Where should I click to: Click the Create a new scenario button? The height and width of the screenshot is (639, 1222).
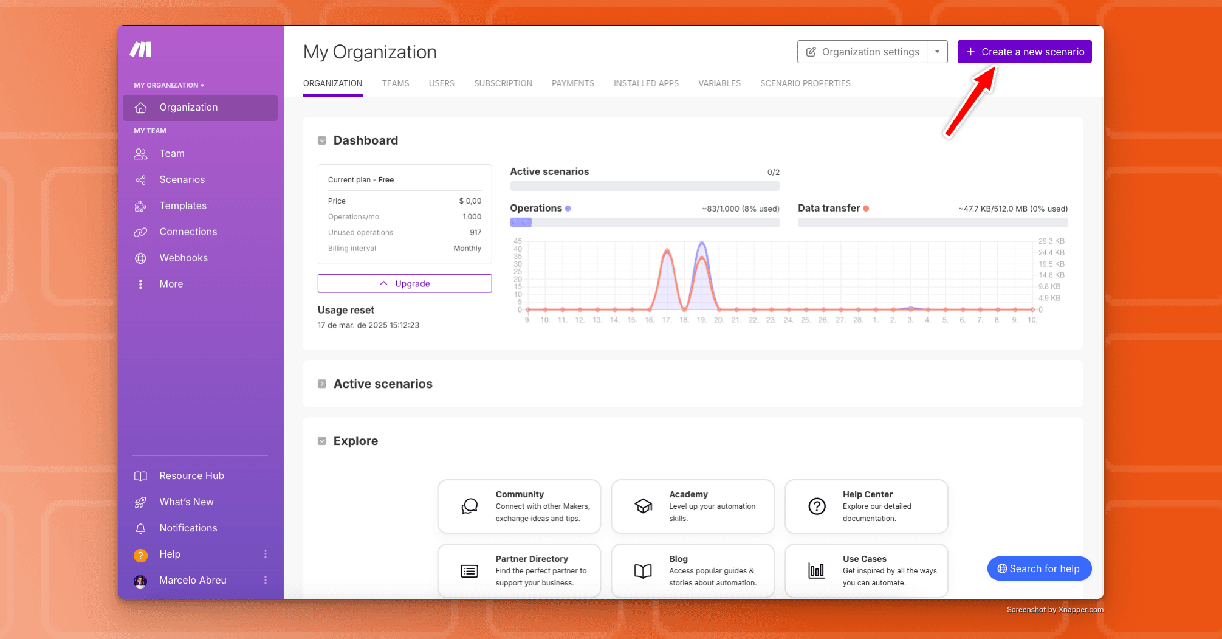(1025, 52)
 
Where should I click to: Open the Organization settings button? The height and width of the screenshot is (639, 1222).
(862, 52)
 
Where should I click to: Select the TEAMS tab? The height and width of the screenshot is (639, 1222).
(396, 83)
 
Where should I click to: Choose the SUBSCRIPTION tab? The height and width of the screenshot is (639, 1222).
(503, 83)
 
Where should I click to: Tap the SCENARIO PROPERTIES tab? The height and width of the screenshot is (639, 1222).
(805, 83)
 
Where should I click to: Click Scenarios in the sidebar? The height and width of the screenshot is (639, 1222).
(182, 179)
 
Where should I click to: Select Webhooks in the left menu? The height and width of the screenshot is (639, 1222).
(184, 258)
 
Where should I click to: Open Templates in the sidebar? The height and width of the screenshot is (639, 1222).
(183, 206)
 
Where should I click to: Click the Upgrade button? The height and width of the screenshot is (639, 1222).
(405, 283)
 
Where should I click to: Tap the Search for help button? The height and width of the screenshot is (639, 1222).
(1039, 568)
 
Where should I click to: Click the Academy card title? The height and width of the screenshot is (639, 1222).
(688, 494)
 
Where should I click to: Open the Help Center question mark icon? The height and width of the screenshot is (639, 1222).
(817, 506)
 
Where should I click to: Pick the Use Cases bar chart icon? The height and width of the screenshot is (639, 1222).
(816, 570)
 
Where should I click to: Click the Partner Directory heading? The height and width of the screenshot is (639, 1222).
(532, 559)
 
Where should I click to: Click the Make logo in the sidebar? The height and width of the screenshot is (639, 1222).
(140, 49)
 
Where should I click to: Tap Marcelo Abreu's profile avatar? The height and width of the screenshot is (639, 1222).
(140, 581)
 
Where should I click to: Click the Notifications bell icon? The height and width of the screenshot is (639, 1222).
(140, 528)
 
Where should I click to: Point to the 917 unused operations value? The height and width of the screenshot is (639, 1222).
(475, 232)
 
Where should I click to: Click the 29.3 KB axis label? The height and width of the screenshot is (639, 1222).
(1051, 241)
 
